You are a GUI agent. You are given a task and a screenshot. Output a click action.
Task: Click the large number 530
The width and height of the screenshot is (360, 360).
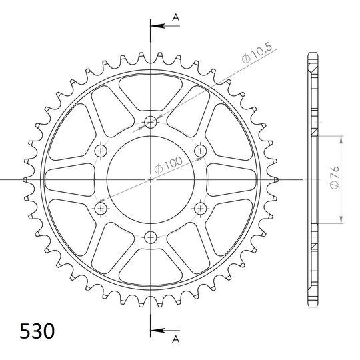(37, 331)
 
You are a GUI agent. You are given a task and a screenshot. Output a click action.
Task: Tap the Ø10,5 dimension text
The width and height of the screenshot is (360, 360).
(257, 53)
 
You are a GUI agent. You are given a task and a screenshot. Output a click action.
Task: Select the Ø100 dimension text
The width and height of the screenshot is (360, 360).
(168, 165)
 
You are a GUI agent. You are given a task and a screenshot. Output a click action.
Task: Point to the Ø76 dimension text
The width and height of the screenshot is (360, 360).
(335, 177)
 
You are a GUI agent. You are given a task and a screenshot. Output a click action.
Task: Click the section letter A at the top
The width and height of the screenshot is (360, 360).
(176, 17)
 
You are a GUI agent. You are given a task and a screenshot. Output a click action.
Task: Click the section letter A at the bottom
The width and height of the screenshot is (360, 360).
(176, 339)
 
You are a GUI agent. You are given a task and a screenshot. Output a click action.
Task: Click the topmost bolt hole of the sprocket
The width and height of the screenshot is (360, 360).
(151, 122)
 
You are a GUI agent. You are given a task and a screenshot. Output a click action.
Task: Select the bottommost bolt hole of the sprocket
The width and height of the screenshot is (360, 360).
(151, 237)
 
